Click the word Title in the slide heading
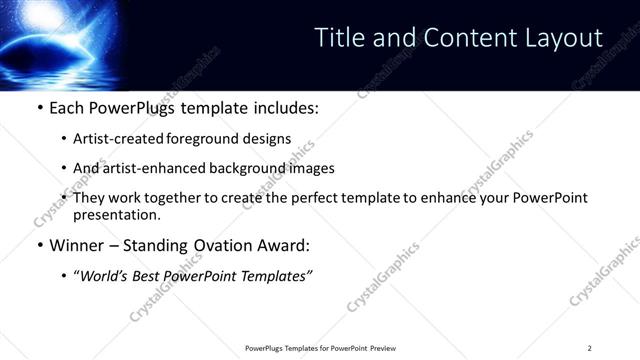coord(339,38)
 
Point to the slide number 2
coord(590,348)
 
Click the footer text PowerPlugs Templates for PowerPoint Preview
coord(320,348)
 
